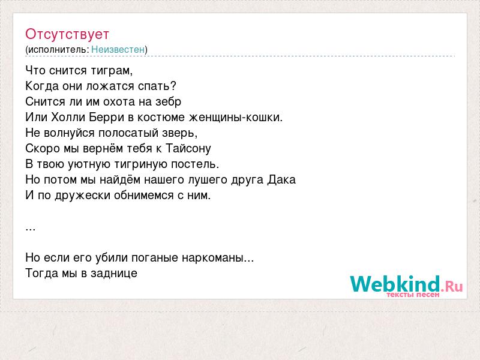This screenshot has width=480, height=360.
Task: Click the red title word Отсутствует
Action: (67, 34)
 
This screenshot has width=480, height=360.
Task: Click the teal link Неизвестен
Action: (118, 49)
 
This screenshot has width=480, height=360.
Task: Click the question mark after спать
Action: (173, 86)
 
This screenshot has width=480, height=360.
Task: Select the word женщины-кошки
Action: (235, 117)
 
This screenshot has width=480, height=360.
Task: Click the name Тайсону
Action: (188, 148)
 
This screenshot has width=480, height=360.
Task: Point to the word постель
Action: (194, 164)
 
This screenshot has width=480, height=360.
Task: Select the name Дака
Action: (281, 179)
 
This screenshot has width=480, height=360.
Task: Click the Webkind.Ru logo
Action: (407, 286)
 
